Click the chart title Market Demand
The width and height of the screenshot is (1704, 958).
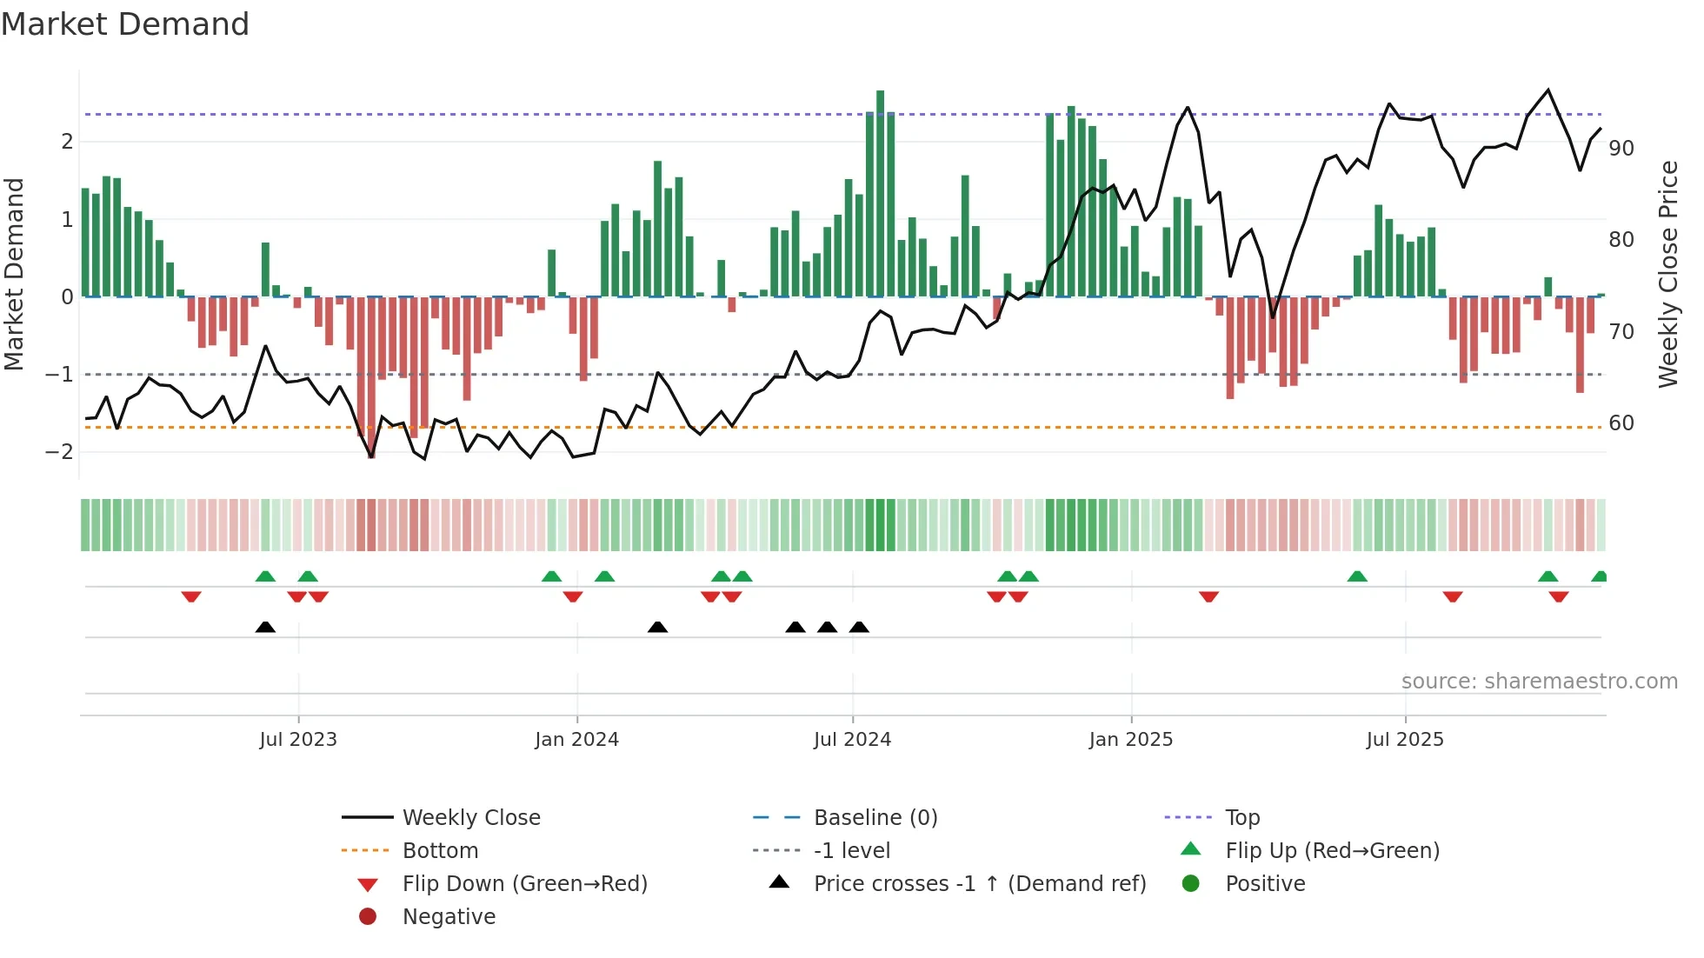coord(125,24)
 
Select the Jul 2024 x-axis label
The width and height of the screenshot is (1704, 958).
coord(852,740)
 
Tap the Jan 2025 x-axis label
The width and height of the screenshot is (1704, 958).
coord(1130,740)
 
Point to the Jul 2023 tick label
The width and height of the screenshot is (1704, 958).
coord(298,740)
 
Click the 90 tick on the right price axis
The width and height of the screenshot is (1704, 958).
coord(1621,149)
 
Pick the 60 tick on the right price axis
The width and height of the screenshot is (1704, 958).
coord(1621,423)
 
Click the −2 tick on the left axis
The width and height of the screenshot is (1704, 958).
coord(60,452)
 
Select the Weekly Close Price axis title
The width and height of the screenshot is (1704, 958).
coord(1667,274)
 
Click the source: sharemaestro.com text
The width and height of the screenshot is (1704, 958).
coord(1539,682)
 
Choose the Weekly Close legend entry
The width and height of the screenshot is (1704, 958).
coord(470,818)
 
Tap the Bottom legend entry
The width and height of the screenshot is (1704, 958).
coord(440,851)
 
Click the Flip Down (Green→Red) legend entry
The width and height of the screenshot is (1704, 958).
coord(524,884)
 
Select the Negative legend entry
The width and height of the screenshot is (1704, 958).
coord(449,917)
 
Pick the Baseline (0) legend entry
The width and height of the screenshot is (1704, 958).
coord(875,818)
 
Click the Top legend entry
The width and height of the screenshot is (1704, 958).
coord(1241,818)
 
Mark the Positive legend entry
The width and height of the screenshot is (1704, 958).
coord(1265,884)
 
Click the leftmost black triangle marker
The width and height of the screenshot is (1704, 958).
coord(265,627)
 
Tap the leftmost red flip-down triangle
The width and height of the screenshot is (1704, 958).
coord(191,596)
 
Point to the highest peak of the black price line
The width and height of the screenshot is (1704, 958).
coord(1548,90)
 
